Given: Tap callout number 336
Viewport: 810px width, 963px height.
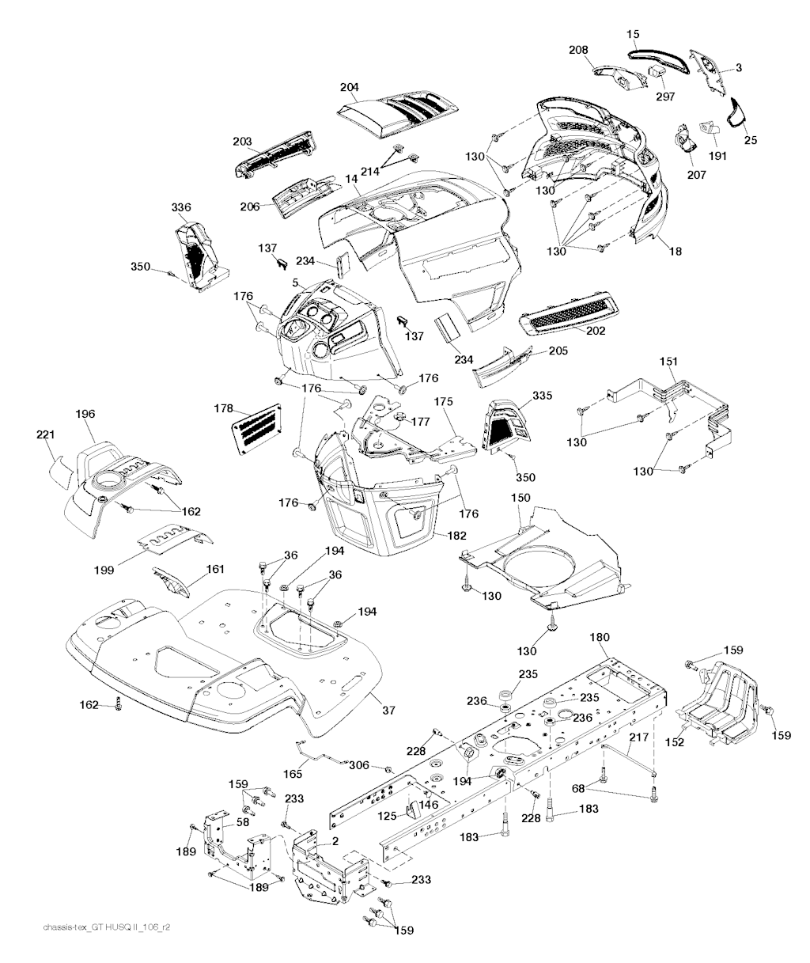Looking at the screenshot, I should pos(181,208).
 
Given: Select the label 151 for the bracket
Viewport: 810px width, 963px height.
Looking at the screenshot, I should pos(669,362).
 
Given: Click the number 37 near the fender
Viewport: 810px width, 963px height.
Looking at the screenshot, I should pos(388,710).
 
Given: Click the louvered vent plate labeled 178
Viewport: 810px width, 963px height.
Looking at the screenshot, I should pos(255,427).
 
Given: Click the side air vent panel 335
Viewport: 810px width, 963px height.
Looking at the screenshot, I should pos(504,425).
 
